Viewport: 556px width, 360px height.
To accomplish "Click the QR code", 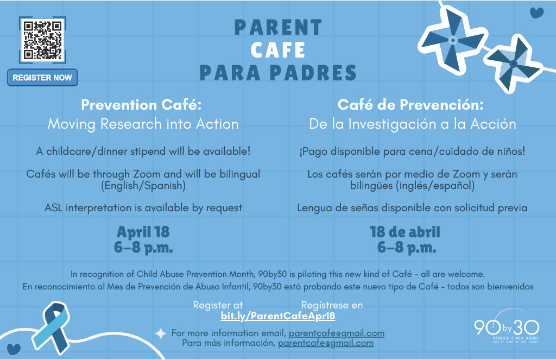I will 42,39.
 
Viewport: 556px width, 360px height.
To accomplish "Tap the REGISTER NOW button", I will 42,78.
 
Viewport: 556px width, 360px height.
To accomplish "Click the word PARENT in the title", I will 278,28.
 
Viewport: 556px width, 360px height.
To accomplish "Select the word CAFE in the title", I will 278,50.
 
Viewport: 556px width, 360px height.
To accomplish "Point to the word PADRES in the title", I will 312,72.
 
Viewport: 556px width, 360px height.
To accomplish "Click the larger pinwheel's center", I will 453,40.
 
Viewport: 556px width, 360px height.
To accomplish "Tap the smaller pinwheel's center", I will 513,64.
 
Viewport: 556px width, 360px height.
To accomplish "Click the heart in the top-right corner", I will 536,12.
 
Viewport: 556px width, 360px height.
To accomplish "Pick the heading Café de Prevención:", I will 410,104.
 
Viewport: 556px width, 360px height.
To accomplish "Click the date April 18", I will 143,232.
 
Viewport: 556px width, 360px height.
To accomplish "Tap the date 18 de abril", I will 405,232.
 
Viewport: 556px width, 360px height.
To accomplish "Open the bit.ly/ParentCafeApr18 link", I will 277,316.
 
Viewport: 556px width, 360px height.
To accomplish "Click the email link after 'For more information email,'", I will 336,333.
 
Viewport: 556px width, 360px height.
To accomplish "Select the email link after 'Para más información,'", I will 325,343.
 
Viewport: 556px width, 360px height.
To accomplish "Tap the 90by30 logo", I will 507,328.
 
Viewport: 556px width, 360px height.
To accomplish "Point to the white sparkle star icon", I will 161,333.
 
